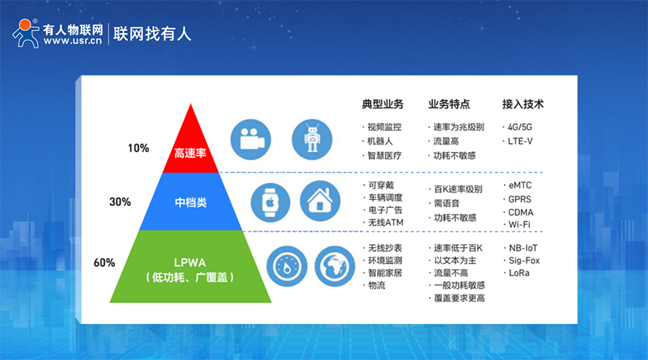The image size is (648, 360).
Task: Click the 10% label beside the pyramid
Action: (138, 148)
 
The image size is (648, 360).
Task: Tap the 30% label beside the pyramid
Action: (120, 202)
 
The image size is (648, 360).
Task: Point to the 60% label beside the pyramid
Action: (104, 263)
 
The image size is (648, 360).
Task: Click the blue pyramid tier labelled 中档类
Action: (191, 202)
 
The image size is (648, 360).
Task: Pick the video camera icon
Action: (251, 139)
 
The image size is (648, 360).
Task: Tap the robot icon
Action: (312, 139)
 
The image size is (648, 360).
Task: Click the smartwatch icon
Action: (270, 202)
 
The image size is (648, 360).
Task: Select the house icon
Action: (320, 201)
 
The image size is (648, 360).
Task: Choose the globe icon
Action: (335, 266)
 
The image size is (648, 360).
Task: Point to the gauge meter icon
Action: (287, 266)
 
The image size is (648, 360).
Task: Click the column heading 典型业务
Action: (383, 104)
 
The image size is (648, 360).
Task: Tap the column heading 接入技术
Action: (523, 104)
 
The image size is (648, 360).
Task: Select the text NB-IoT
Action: (523, 248)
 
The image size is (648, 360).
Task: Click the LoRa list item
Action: (519, 273)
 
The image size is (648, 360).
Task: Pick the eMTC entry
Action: (520, 185)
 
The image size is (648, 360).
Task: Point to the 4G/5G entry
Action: (520, 127)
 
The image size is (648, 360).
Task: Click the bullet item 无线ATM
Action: (386, 222)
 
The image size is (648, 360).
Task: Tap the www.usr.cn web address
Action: (72, 40)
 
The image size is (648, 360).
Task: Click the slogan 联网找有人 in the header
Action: (152, 33)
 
